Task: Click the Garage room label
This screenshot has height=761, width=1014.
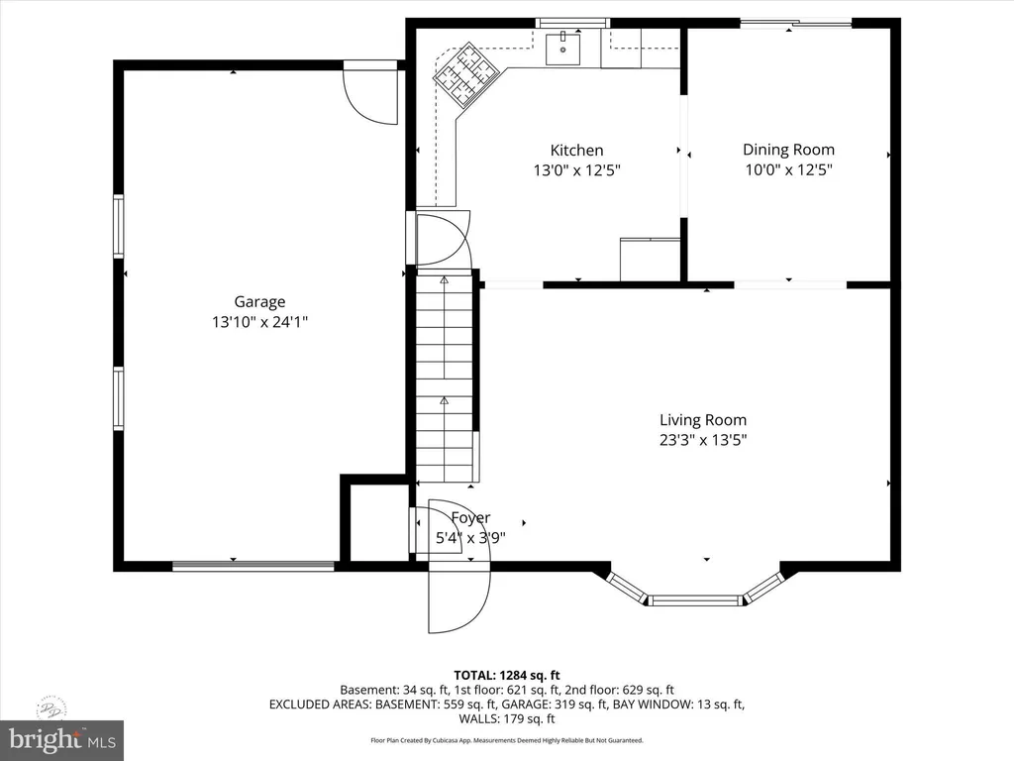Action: (259, 302)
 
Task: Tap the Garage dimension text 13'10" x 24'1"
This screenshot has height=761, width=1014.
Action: (259, 322)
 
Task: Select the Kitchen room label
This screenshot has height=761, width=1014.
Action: (576, 151)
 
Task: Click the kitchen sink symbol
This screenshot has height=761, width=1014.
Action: (562, 47)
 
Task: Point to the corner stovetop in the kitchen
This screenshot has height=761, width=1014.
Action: (463, 73)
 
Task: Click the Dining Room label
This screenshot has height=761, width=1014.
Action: (788, 150)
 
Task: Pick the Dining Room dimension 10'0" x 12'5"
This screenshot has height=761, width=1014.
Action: (788, 169)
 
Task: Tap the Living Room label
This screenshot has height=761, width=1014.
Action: (703, 420)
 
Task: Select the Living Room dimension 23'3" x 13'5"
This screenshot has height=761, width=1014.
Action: (703, 440)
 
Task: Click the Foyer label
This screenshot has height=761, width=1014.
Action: (470, 518)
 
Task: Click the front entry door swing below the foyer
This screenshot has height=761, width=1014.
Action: (457, 600)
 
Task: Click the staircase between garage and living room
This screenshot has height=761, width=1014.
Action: (445, 377)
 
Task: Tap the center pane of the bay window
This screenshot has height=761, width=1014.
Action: (696, 599)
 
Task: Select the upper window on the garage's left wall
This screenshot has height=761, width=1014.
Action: (119, 226)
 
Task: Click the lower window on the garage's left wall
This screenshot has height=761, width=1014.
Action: (119, 398)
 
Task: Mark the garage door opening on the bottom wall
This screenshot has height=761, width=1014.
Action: (253, 567)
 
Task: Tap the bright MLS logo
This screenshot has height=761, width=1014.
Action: (61, 738)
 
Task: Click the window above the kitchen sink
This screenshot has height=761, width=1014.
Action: (572, 23)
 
